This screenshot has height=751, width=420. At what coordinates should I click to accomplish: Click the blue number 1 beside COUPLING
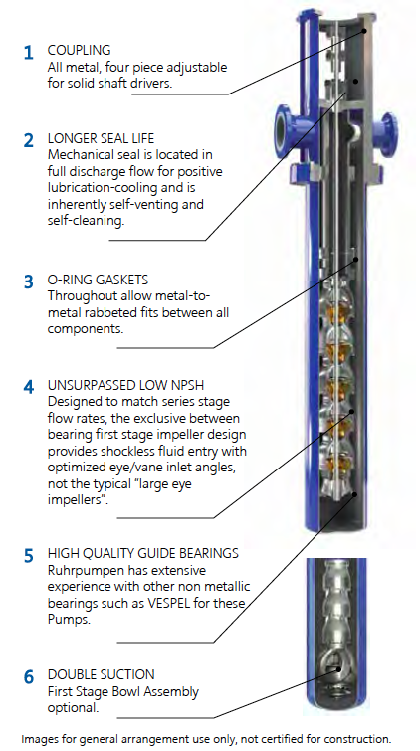point(29,52)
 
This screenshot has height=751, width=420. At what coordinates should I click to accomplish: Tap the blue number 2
point(29,141)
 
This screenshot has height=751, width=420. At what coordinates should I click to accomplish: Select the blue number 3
point(29,282)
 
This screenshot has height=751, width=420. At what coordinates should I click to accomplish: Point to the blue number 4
point(29,387)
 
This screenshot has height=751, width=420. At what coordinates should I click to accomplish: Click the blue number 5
point(29,556)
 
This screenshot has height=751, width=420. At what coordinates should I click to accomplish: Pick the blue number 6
point(29,677)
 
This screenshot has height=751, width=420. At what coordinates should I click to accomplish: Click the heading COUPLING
point(79,51)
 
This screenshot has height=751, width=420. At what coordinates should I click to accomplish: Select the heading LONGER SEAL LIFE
point(102,139)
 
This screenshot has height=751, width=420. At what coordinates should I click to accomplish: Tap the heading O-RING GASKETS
point(98,280)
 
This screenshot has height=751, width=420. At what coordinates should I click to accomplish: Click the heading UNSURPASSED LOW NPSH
point(129,385)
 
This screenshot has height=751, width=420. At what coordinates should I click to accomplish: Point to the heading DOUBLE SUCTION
point(102,674)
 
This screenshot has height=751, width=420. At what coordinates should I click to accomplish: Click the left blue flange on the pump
point(286,128)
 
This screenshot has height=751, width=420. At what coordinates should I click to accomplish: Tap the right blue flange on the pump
point(386,128)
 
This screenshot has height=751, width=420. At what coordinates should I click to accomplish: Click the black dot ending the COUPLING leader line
point(364,31)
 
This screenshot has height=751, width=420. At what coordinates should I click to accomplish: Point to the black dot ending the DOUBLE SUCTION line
point(338,669)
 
